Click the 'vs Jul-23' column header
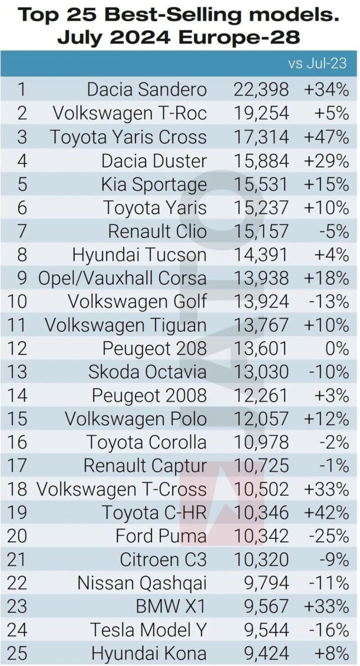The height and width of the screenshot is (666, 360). coord(317,63)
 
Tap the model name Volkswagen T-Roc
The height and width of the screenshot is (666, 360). coord(130,113)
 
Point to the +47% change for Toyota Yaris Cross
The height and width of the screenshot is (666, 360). coord(326,137)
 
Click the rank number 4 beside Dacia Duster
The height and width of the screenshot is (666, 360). coord(22,160)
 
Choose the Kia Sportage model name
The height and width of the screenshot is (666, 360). coord(154,184)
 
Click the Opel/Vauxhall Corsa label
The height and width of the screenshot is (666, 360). coord(122,278)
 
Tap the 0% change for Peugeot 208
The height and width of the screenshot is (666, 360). coord(337,349)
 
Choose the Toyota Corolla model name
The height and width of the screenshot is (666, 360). coord(146,442)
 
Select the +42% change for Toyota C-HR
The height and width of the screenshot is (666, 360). coord(326,513)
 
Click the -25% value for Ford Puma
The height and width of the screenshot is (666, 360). coord(329,536)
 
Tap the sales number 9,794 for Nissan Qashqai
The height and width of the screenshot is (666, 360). coord(264,583)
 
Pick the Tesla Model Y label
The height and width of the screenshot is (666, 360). coord(149,630)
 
